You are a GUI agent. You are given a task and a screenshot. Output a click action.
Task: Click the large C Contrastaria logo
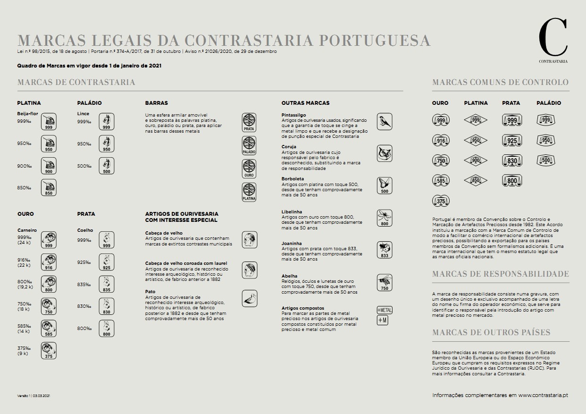click(x=553, y=38)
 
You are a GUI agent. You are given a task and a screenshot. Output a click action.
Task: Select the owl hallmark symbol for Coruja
click(x=385, y=153)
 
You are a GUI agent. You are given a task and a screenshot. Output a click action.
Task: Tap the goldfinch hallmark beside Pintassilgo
click(x=385, y=122)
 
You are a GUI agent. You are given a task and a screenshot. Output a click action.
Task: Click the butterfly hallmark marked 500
click(x=385, y=186)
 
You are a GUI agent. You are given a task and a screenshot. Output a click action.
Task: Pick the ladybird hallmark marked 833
click(x=385, y=250)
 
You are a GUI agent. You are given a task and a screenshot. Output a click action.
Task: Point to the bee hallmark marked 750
click(x=385, y=282)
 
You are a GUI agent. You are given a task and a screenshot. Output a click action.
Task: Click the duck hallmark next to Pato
click(x=249, y=298)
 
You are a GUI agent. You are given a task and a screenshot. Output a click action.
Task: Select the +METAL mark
click(x=385, y=310)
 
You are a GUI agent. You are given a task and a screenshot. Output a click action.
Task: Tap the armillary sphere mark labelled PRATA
click(x=249, y=122)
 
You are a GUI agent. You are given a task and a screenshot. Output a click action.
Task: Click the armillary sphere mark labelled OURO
click(x=249, y=169)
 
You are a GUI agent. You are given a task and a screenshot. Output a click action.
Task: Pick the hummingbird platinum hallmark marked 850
click(x=49, y=187)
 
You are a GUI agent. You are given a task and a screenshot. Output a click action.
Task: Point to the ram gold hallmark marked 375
click(x=49, y=351)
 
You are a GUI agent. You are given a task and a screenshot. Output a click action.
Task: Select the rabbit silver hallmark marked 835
click(x=107, y=284)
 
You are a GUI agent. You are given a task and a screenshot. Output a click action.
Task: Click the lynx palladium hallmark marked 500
click(x=107, y=166)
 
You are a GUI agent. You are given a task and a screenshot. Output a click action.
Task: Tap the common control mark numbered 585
click(x=441, y=180)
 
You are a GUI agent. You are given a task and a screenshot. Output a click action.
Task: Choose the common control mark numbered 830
click(x=511, y=161)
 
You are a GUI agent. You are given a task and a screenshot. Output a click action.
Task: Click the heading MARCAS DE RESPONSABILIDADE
click(x=500, y=274)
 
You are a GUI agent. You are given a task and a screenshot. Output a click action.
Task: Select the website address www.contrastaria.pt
click(x=543, y=395)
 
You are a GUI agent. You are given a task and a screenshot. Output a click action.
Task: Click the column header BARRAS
click(x=157, y=103)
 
